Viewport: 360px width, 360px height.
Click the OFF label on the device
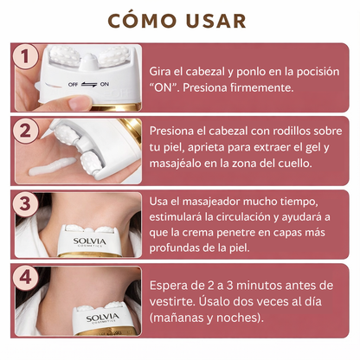tap(73, 85)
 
